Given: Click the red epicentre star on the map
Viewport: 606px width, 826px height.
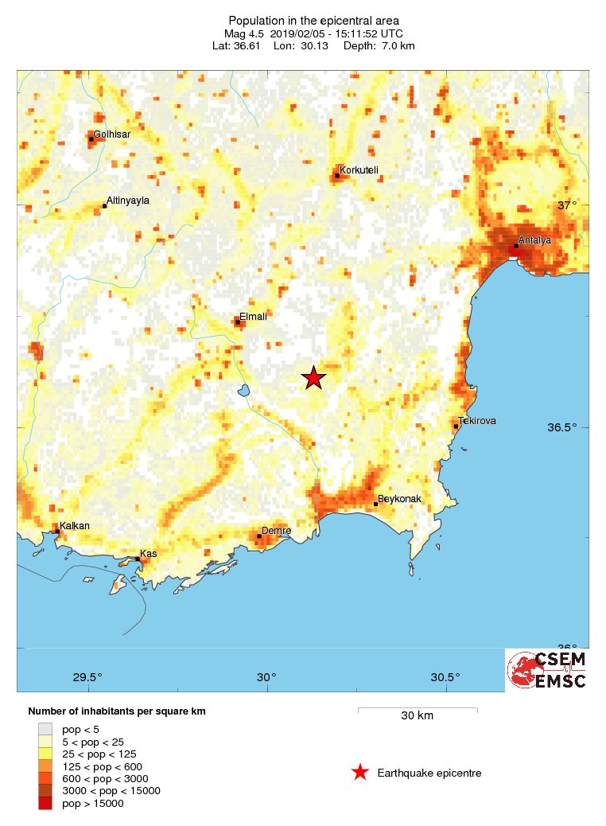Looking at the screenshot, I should click(x=314, y=379).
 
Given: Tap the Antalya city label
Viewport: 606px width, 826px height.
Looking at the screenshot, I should click(x=534, y=240).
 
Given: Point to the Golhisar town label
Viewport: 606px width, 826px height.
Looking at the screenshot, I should click(x=112, y=134).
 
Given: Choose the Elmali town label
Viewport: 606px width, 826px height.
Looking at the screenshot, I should click(x=253, y=316).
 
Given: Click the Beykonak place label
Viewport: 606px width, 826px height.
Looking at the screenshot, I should click(x=399, y=499).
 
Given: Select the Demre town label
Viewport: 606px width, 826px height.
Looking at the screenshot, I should click(x=277, y=530).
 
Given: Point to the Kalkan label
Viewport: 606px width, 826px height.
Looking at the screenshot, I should click(x=75, y=526).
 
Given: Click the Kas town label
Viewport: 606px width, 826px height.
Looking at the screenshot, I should click(x=149, y=553).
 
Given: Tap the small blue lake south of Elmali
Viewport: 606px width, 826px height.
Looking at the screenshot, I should click(x=244, y=391).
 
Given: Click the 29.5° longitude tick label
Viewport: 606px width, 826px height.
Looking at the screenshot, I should click(x=87, y=678).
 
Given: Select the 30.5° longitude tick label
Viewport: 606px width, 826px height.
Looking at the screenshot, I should click(x=445, y=678).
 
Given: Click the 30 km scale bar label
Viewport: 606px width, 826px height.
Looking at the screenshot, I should click(x=417, y=715).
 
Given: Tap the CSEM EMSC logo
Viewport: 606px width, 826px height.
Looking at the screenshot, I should click(x=547, y=670).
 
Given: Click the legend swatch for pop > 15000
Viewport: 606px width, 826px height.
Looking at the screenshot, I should click(x=45, y=804).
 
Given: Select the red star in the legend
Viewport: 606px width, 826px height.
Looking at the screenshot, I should click(x=360, y=772).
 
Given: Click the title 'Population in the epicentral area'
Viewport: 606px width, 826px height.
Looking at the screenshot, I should click(x=314, y=20).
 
